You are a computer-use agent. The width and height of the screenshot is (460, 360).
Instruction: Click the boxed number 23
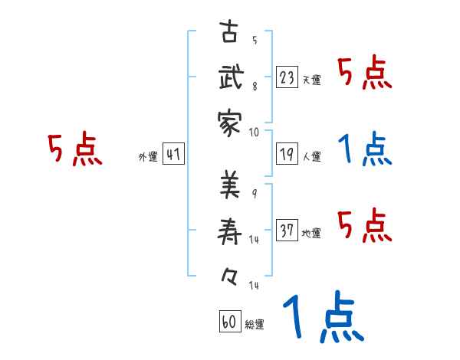pos(287,77)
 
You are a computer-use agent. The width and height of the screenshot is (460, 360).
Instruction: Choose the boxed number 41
pos(173,155)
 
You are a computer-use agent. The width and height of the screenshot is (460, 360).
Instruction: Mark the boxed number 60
pos(228,322)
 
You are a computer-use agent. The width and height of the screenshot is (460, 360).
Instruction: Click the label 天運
pos(311,80)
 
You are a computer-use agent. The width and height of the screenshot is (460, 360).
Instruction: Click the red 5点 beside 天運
pos(365,74)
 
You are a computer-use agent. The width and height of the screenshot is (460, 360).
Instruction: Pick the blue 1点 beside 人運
pos(365,150)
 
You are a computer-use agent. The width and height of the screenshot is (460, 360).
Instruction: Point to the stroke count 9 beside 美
pos(255,192)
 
